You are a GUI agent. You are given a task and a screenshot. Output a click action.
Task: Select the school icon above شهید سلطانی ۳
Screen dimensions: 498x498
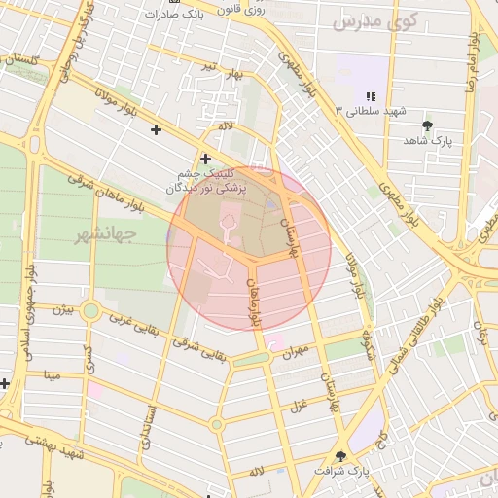coord(370,95)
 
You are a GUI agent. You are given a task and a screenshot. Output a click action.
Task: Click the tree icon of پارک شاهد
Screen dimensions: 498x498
coord(427,124)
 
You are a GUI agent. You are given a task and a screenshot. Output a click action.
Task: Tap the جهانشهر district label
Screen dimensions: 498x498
coord(106,234)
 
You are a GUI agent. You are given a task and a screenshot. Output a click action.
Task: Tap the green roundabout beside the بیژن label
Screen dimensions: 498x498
coord(91,311)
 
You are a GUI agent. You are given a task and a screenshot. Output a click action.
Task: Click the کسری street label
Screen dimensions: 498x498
coord(88,357)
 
